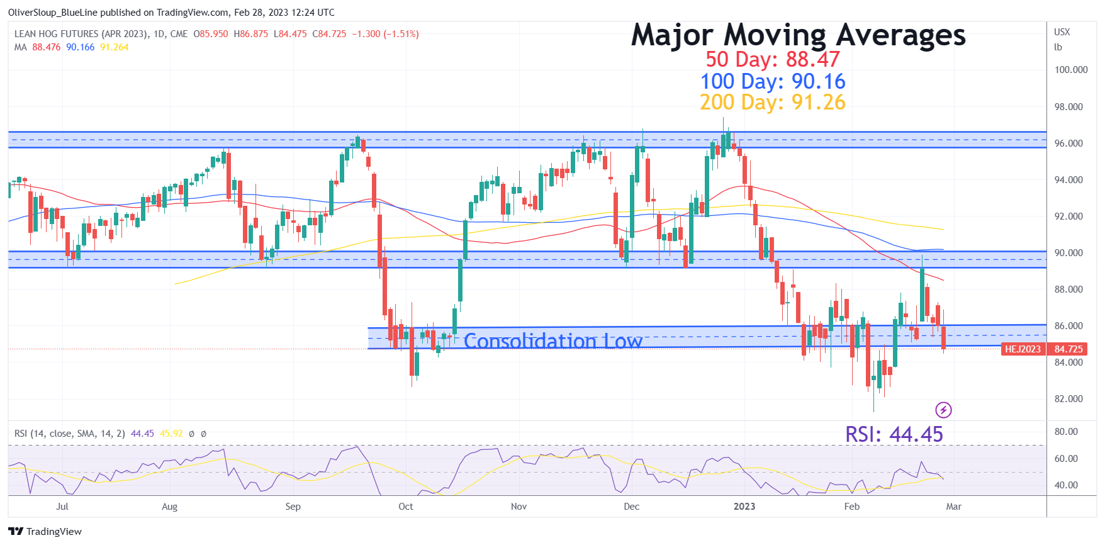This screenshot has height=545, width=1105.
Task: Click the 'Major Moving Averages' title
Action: point(798,35)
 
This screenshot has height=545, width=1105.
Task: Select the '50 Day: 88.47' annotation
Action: point(772,59)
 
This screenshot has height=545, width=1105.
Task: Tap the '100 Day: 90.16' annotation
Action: point(772,81)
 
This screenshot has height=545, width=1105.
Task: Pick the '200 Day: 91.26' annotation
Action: point(772,102)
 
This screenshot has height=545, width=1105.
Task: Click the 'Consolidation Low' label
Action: point(552,340)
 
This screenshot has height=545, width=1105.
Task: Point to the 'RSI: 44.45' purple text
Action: point(894,434)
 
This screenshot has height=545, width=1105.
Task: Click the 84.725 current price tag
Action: point(1069,349)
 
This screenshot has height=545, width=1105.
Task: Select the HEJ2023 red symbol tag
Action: point(1023,349)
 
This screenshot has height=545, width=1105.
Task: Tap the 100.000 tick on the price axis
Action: point(1070,70)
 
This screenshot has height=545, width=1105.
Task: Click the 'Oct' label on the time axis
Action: point(406,507)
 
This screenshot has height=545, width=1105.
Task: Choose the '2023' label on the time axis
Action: point(744,507)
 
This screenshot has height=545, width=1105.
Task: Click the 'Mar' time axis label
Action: point(953,507)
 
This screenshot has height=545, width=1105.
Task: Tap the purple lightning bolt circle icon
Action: point(943,410)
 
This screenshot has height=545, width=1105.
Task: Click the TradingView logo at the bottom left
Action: point(45,531)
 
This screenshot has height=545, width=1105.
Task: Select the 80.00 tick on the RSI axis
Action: point(1066,432)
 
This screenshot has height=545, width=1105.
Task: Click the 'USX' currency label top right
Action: point(1062,32)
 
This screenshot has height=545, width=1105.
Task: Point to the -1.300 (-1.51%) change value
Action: point(385,34)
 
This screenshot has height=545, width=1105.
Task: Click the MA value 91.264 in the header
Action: point(114,47)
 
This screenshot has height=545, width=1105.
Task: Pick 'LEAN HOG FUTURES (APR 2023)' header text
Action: point(81,34)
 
